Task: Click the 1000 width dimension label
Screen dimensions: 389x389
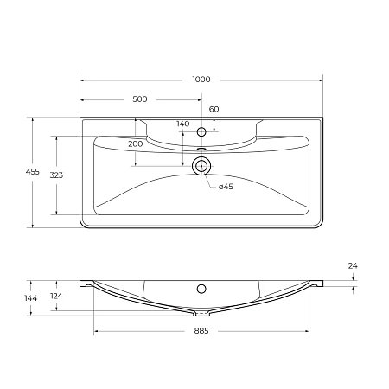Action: pyautogui.click(x=201, y=80)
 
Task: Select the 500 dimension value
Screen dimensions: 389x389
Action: pyautogui.click(x=140, y=99)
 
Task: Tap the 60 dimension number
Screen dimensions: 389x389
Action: pyautogui.click(x=214, y=109)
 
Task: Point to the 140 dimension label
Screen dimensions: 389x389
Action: pyautogui.click(x=182, y=124)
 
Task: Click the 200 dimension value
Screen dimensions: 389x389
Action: pyautogui.click(x=135, y=143)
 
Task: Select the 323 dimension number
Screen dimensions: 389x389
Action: pyautogui.click(x=56, y=175)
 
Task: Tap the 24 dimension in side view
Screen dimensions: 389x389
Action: pyautogui.click(x=353, y=267)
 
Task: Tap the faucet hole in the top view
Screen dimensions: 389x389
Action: pyautogui.click(x=201, y=131)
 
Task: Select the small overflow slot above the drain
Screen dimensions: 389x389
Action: pyautogui.click(x=201, y=150)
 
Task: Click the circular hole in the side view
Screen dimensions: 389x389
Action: pyautogui.click(x=201, y=289)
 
